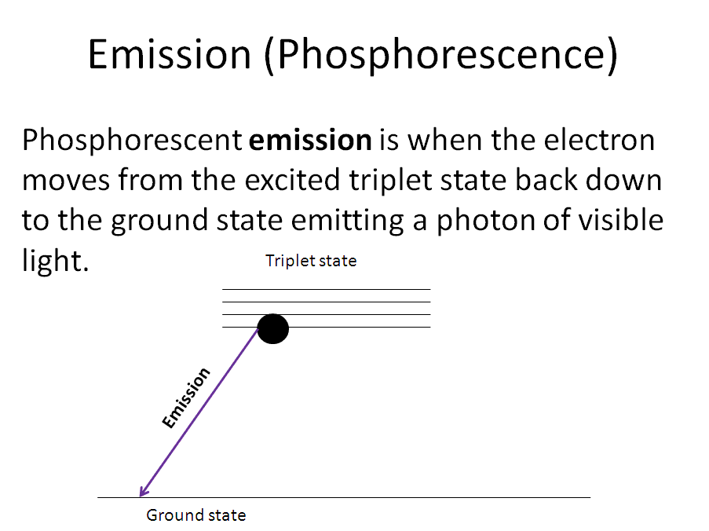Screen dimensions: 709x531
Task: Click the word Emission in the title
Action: tap(169, 54)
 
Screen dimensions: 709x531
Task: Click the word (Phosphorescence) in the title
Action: tap(440, 56)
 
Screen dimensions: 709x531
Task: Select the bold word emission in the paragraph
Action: tap(310, 140)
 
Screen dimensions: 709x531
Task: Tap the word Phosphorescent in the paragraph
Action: tap(132, 141)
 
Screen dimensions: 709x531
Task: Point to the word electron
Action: tap(599, 140)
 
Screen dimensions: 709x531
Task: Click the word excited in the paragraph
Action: tap(293, 180)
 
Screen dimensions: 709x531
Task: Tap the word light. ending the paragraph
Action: tap(55, 261)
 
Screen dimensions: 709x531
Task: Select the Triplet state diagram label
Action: tap(311, 261)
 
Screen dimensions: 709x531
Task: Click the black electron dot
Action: tap(273, 329)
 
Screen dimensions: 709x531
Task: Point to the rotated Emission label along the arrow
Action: tap(186, 397)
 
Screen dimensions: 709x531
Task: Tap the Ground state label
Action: tap(196, 515)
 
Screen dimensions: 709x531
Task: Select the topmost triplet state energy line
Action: tap(327, 289)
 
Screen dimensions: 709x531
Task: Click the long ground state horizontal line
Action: tap(344, 497)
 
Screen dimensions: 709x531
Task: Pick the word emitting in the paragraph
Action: tap(347, 221)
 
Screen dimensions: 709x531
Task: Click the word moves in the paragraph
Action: tap(66, 181)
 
